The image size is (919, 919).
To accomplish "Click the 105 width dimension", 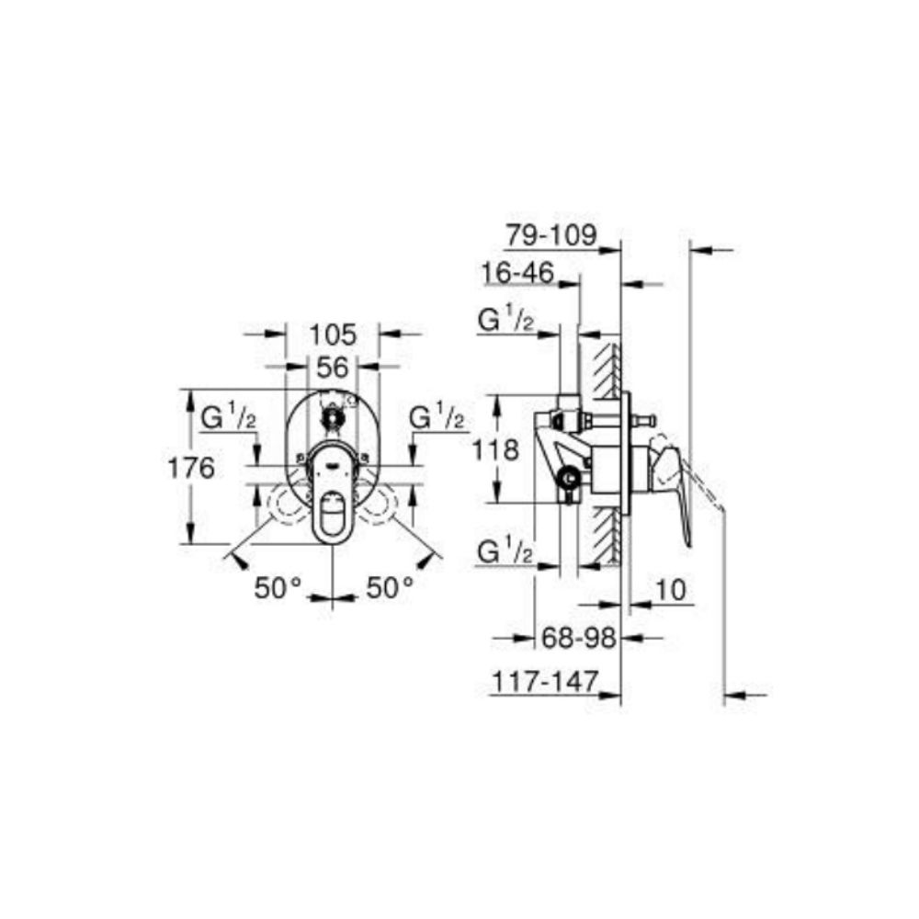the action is click(333, 335).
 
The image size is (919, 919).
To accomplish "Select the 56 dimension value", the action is click(333, 368).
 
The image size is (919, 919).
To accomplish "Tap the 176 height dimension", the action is click(191, 468).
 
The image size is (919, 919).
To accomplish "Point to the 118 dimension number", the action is click(495, 450).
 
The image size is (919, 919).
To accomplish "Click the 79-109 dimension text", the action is click(550, 235).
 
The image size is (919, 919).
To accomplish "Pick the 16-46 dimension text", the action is click(517, 273).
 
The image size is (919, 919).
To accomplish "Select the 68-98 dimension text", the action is click(578, 638).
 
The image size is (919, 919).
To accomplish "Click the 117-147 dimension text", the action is click(544, 682).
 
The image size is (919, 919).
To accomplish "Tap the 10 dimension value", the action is click(671, 590).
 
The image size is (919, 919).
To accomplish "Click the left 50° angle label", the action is click(278, 587).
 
